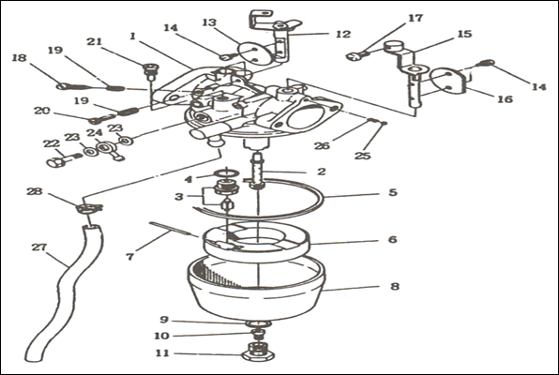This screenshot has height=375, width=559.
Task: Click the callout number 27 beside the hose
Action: click(38, 247)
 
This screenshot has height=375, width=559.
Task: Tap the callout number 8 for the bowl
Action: click(395, 286)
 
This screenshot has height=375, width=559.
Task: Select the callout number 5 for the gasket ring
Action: click(392, 192)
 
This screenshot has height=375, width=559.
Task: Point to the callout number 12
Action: click(343, 34)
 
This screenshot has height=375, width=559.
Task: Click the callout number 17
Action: click(415, 18)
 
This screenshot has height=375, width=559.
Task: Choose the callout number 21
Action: click(95, 41)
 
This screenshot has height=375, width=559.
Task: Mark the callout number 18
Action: click(20, 57)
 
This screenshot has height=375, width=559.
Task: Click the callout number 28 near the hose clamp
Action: click(35, 191)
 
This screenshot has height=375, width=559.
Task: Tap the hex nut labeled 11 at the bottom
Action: click(257, 352)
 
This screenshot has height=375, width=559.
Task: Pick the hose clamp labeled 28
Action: click(89, 208)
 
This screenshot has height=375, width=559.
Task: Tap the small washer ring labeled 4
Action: click(226, 173)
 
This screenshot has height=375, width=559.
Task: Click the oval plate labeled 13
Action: click(253, 52)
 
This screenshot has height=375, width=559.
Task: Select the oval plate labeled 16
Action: click(449, 82)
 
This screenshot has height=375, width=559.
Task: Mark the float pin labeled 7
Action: click(173, 229)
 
